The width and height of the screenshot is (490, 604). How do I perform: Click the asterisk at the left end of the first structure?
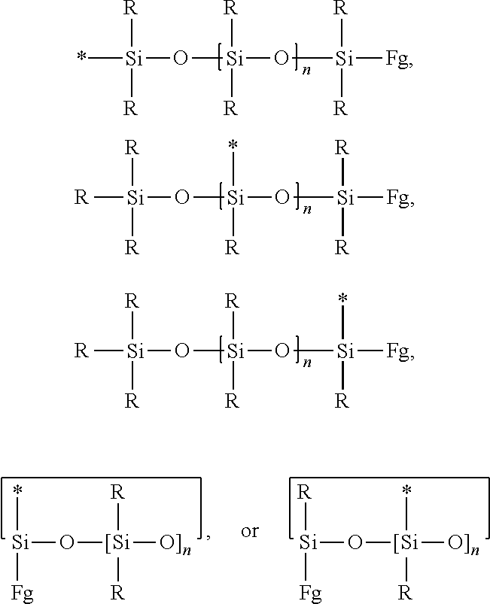coord(81,57)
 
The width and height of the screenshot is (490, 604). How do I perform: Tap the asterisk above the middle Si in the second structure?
coord(233,145)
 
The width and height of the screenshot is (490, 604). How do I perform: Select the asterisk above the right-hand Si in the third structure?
coord(342,299)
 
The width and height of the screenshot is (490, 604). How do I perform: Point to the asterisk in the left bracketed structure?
coord(18,490)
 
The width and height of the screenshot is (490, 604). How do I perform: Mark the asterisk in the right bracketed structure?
coord(406,490)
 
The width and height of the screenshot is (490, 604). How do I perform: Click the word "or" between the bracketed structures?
coord(249,532)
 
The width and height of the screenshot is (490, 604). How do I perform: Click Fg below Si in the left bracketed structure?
coord(22,594)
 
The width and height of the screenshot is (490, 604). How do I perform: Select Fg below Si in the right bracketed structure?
coord(310,594)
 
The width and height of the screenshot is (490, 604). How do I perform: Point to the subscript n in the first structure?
coord(306,71)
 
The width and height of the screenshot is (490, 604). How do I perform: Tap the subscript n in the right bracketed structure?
coord(475,551)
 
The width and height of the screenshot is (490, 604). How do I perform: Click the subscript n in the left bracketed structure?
coord(187,551)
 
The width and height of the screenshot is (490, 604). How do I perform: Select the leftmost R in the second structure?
coord(81,198)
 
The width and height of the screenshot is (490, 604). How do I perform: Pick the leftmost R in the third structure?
coord(81,351)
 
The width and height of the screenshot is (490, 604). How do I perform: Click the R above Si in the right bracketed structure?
coord(304,492)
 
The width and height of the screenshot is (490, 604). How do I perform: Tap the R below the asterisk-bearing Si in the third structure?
coord(342,402)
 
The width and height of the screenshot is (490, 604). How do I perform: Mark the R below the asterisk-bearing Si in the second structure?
coord(232,247)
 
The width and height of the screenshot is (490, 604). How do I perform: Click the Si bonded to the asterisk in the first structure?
coord(133,59)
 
